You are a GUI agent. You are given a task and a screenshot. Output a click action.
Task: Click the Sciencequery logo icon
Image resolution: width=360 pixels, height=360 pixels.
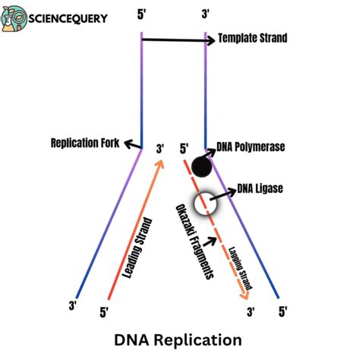[13, 17]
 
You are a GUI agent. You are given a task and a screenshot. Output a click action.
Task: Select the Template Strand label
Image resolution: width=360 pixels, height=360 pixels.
[252, 38]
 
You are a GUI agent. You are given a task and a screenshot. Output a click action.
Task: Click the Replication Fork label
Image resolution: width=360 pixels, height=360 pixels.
[83, 143]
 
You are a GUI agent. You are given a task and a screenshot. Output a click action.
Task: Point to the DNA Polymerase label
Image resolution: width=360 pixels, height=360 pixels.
[251, 147]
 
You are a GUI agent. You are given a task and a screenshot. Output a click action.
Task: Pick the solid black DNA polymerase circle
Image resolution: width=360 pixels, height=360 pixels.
[201, 164]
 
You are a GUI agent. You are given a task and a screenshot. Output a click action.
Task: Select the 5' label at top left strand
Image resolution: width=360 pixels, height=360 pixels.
[142, 14]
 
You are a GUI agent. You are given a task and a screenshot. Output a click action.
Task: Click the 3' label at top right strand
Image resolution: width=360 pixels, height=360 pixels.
[206, 14]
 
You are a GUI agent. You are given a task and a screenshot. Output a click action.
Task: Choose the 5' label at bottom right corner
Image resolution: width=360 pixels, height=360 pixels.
[283, 311]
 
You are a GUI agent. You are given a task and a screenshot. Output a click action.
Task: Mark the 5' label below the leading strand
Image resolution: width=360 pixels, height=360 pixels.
[105, 311]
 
